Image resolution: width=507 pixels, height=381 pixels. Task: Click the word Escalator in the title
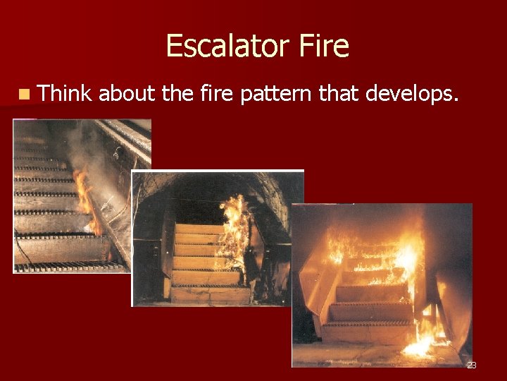tap(223, 47)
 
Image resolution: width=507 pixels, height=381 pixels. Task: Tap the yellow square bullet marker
tap(25, 93)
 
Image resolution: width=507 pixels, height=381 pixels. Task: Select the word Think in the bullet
tap(65, 92)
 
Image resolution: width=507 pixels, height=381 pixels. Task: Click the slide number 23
tap(472, 365)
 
